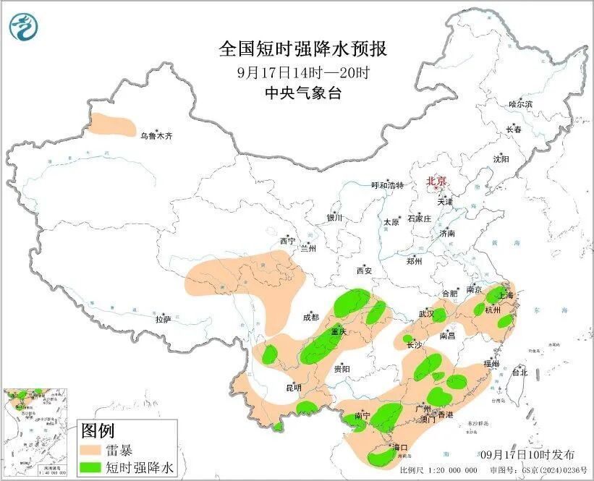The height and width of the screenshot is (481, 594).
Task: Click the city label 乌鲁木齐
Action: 156,135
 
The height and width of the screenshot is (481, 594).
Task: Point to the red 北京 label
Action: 436,182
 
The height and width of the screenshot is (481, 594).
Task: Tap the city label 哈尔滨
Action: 519,105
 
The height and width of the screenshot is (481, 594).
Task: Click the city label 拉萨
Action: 163,318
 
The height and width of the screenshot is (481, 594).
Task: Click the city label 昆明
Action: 293,388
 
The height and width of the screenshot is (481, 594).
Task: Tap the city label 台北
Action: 519,373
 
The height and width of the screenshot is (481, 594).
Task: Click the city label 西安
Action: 363,271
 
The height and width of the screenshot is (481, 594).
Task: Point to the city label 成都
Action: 311,317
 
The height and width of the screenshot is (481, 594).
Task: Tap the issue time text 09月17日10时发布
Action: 538,455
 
